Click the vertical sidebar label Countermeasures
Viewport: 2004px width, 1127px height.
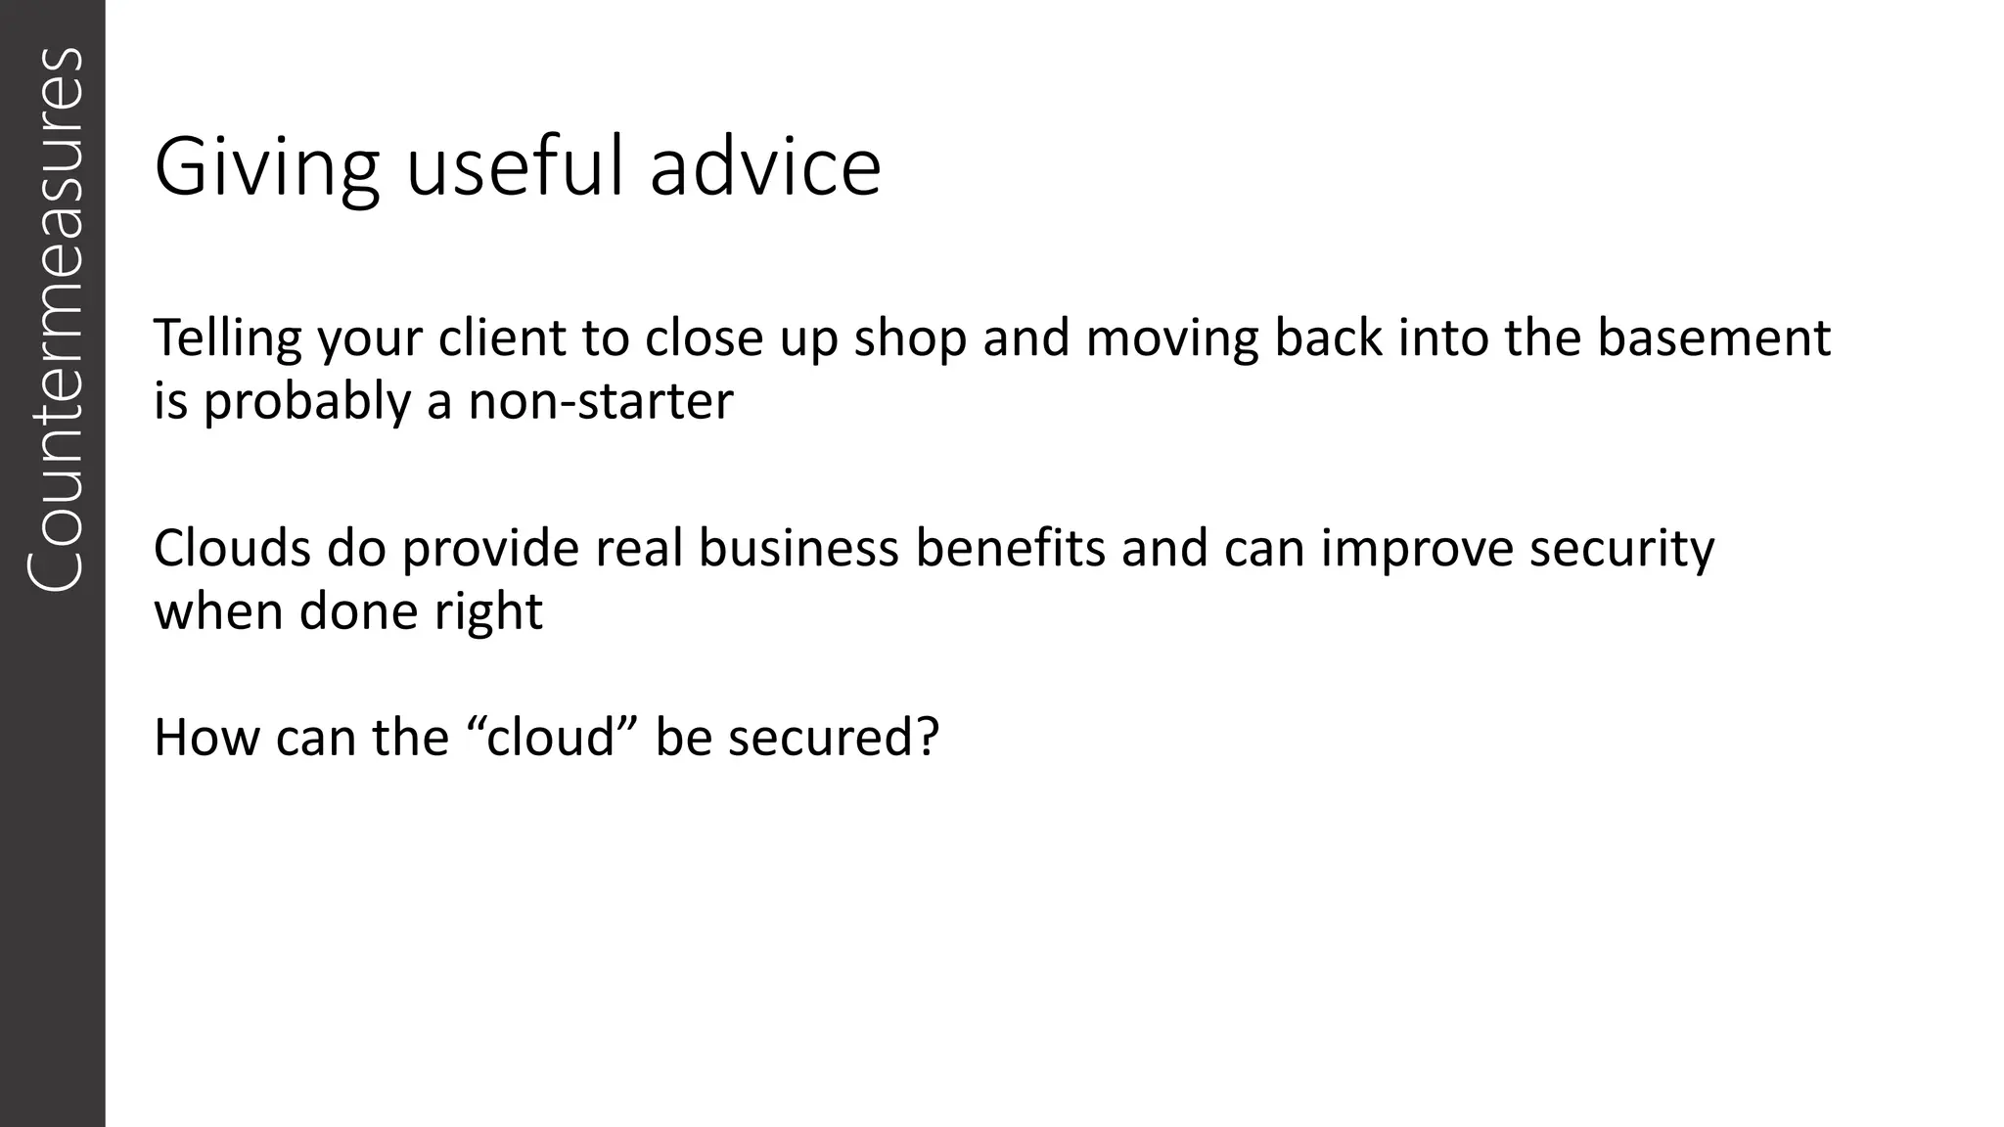(x=53, y=318)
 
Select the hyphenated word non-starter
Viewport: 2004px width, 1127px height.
(x=600, y=401)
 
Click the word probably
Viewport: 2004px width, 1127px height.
(x=307, y=403)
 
